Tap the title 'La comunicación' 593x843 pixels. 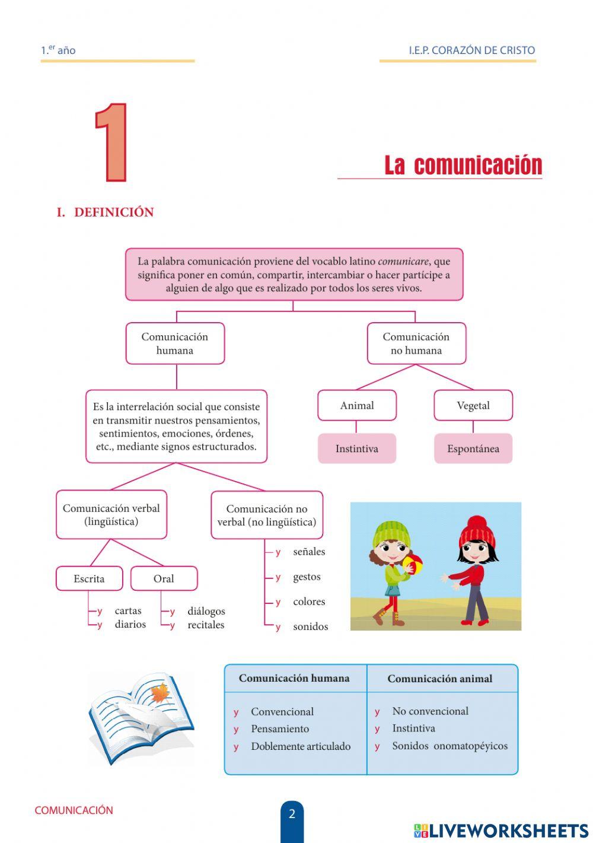click(463, 165)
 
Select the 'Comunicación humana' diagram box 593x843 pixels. click(175, 343)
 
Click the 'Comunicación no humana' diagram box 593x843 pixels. click(416, 343)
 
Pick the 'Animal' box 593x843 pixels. click(357, 406)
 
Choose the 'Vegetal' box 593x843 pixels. click(473, 406)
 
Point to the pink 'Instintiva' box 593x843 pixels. click(357, 448)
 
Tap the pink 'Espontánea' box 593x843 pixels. click(473, 448)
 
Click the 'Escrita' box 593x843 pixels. click(89, 578)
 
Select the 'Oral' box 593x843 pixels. click(164, 578)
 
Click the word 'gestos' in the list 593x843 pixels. click(307, 577)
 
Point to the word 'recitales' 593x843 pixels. click(206, 625)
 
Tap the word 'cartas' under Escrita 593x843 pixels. click(128, 610)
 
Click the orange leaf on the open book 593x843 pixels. click(160, 693)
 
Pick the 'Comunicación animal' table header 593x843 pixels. click(440, 679)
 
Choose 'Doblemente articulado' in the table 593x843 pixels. click(301, 746)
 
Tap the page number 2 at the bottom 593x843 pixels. click(292, 814)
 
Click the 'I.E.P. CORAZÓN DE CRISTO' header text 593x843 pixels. click(472, 50)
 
